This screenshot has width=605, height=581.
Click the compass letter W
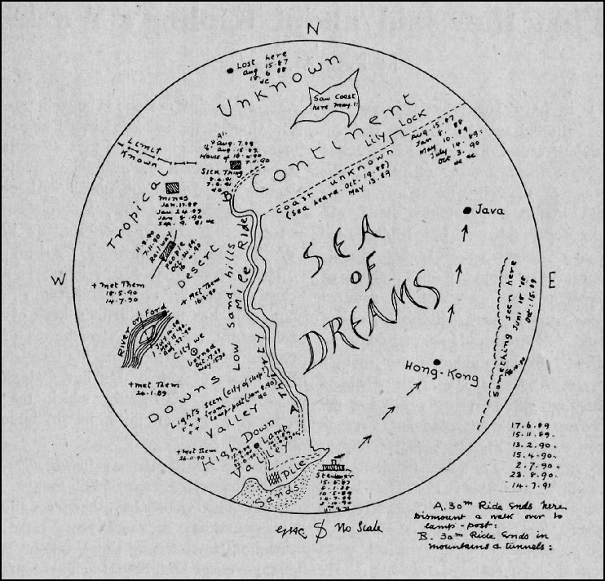click(x=59, y=281)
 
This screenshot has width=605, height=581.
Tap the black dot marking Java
click(x=466, y=211)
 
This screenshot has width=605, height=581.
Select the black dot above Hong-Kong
click(x=437, y=361)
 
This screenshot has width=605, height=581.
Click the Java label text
click(x=490, y=211)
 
